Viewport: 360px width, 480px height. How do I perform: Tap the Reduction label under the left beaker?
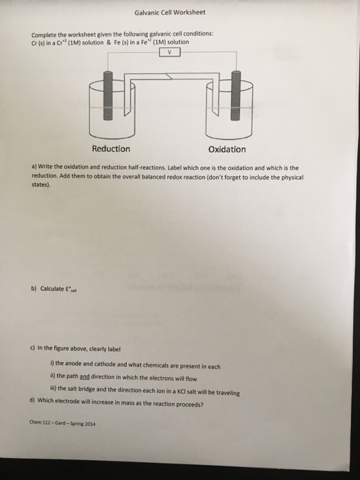pos(110,149)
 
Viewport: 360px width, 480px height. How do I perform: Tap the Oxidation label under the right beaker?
pos(226,149)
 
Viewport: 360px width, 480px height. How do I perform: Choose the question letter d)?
pos(34,399)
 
